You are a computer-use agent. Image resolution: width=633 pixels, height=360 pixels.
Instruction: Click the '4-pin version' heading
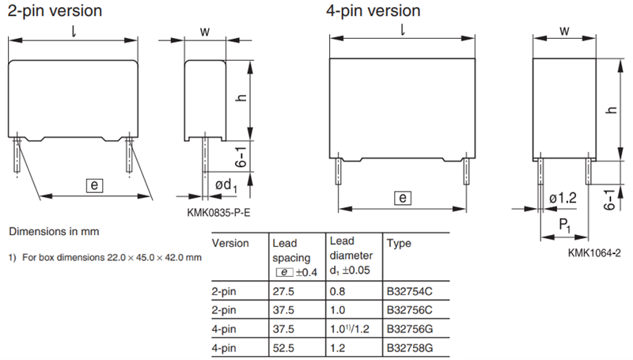click(x=373, y=11)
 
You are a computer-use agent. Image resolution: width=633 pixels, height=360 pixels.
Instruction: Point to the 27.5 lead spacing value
click(x=282, y=291)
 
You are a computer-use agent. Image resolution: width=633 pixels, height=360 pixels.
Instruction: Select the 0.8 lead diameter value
click(x=336, y=291)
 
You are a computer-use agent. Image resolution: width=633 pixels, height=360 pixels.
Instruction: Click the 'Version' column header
click(x=231, y=244)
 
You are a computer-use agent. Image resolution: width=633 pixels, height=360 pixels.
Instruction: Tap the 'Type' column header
click(x=400, y=244)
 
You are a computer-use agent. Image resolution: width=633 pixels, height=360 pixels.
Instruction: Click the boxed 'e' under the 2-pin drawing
click(x=93, y=185)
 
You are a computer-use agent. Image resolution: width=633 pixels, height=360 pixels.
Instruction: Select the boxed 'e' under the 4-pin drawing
click(x=402, y=198)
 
